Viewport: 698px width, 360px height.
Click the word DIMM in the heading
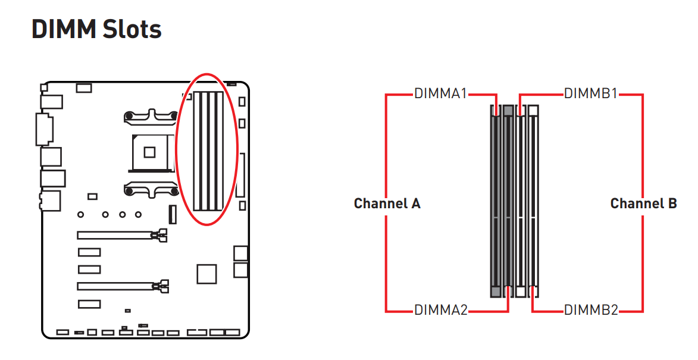[x=64, y=29]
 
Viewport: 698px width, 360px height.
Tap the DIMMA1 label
[x=440, y=93]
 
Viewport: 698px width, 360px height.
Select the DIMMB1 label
[x=591, y=93]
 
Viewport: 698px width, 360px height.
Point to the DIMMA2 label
[x=441, y=309]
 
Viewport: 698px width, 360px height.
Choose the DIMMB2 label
[x=591, y=309]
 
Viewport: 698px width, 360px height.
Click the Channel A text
[x=387, y=204]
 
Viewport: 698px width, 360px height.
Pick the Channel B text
[x=643, y=204]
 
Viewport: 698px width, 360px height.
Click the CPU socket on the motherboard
[x=149, y=153]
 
